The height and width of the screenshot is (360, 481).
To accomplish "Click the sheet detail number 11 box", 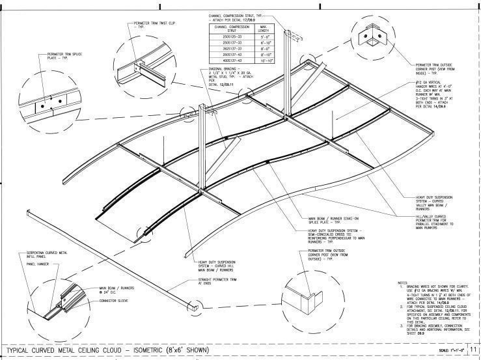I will pyautogui.click(x=473, y=350).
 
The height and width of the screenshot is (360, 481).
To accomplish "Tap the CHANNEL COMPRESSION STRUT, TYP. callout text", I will pyautogui.click(x=236, y=16).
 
